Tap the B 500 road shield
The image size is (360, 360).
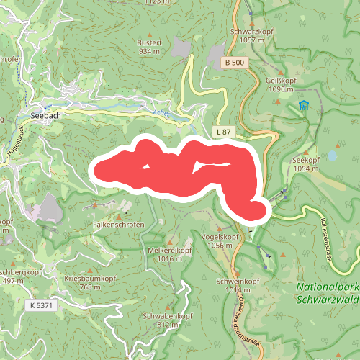[232, 63]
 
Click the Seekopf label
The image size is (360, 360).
[305, 160]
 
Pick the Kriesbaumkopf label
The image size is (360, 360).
[90, 278]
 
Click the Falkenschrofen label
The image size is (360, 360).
[119, 225]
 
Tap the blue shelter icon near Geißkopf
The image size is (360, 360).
[303, 106]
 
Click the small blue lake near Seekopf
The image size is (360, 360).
[332, 155]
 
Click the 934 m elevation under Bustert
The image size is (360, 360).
[148, 51]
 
